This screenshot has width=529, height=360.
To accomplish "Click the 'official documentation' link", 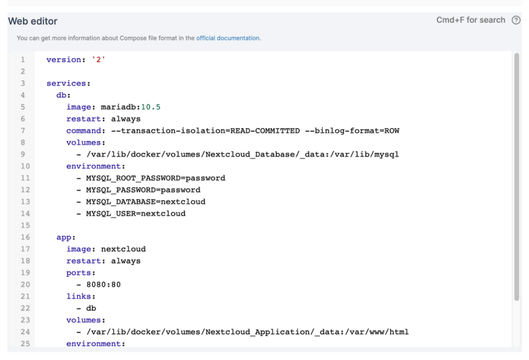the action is [x=228, y=38].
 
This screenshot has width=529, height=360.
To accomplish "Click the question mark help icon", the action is [x=516, y=20].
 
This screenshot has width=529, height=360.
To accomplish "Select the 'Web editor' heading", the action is [x=33, y=21].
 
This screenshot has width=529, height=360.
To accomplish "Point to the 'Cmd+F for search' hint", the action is [x=471, y=20].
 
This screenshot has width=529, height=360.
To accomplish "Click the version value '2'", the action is [x=99, y=60].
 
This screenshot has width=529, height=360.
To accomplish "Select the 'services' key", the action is [x=66, y=83].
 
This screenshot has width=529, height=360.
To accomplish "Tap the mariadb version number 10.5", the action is [x=150, y=107].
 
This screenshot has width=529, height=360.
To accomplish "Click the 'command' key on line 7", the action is [x=84, y=131].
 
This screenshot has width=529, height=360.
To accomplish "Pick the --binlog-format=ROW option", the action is [x=352, y=131].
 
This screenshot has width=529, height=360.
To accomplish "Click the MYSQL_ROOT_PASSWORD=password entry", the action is [x=155, y=178].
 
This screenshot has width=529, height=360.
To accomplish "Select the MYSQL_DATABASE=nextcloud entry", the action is [x=146, y=202].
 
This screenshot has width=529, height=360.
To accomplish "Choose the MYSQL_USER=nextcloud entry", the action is [x=136, y=213].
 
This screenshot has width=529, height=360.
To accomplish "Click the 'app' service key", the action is [x=64, y=238].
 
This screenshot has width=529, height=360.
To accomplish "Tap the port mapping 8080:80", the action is [x=103, y=285].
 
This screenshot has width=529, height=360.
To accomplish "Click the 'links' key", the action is [x=79, y=296].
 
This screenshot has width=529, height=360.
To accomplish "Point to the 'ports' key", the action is [x=79, y=273].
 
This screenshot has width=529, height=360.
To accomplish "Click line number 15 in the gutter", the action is [x=25, y=225].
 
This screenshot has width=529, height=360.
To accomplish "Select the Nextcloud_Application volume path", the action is [x=247, y=332].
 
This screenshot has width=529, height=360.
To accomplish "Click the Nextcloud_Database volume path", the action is [x=243, y=154].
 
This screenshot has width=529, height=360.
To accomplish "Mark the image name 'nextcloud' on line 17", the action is [x=123, y=249].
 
